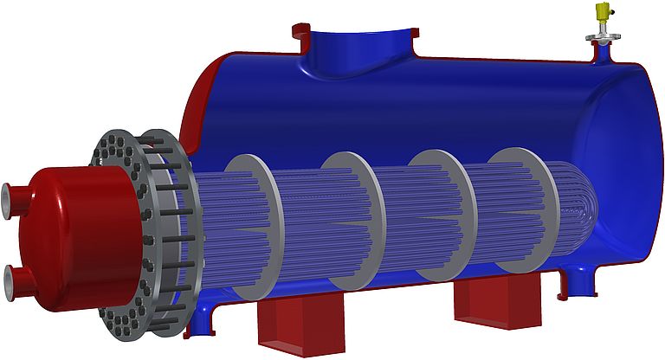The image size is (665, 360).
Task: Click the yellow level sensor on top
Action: point(601,13)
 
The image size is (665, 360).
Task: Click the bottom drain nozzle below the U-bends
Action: point(575,282)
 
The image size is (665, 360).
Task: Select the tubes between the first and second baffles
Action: point(303,225)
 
